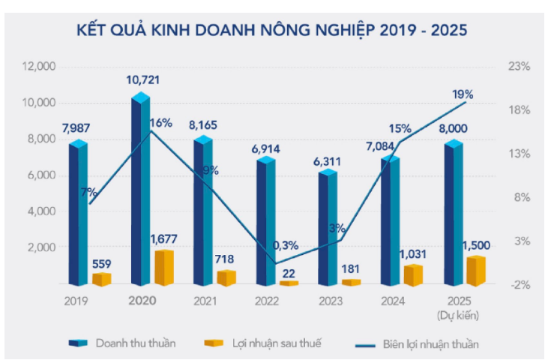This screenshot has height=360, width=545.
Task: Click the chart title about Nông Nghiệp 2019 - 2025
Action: tap(272, 31)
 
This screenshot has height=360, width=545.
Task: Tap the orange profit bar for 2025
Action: tap(475, 271)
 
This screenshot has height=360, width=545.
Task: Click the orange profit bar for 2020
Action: tap(164, 267)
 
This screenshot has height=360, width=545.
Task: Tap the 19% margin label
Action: tap(463, 94)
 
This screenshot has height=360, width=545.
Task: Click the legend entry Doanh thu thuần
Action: tap(136, 343)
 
